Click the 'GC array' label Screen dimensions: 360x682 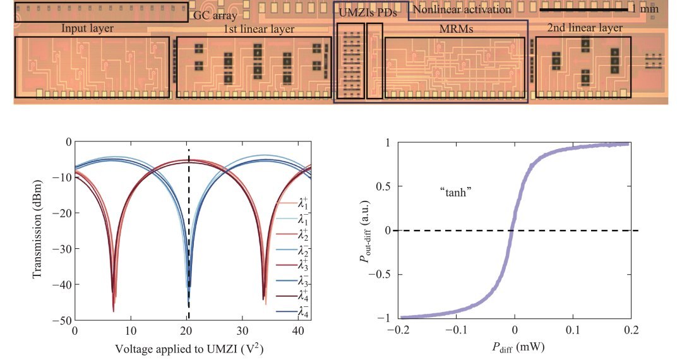(215, 15)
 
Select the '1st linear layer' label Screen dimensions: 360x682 (259, 29)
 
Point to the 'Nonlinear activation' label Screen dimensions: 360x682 (462, 9)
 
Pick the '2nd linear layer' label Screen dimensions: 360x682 (585, 28)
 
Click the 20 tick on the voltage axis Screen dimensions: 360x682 (187, 331)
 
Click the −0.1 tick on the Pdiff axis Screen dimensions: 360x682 (457, 330)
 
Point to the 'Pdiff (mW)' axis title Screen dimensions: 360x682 (514, 348)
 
